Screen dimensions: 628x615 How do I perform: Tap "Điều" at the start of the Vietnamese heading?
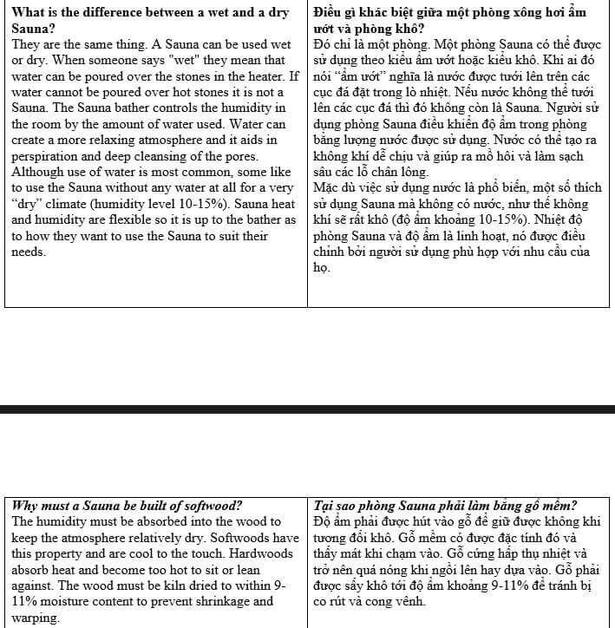[328, 11]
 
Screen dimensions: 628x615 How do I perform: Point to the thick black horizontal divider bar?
[307, 409]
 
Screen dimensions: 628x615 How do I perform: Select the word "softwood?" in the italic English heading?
[211, 506]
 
